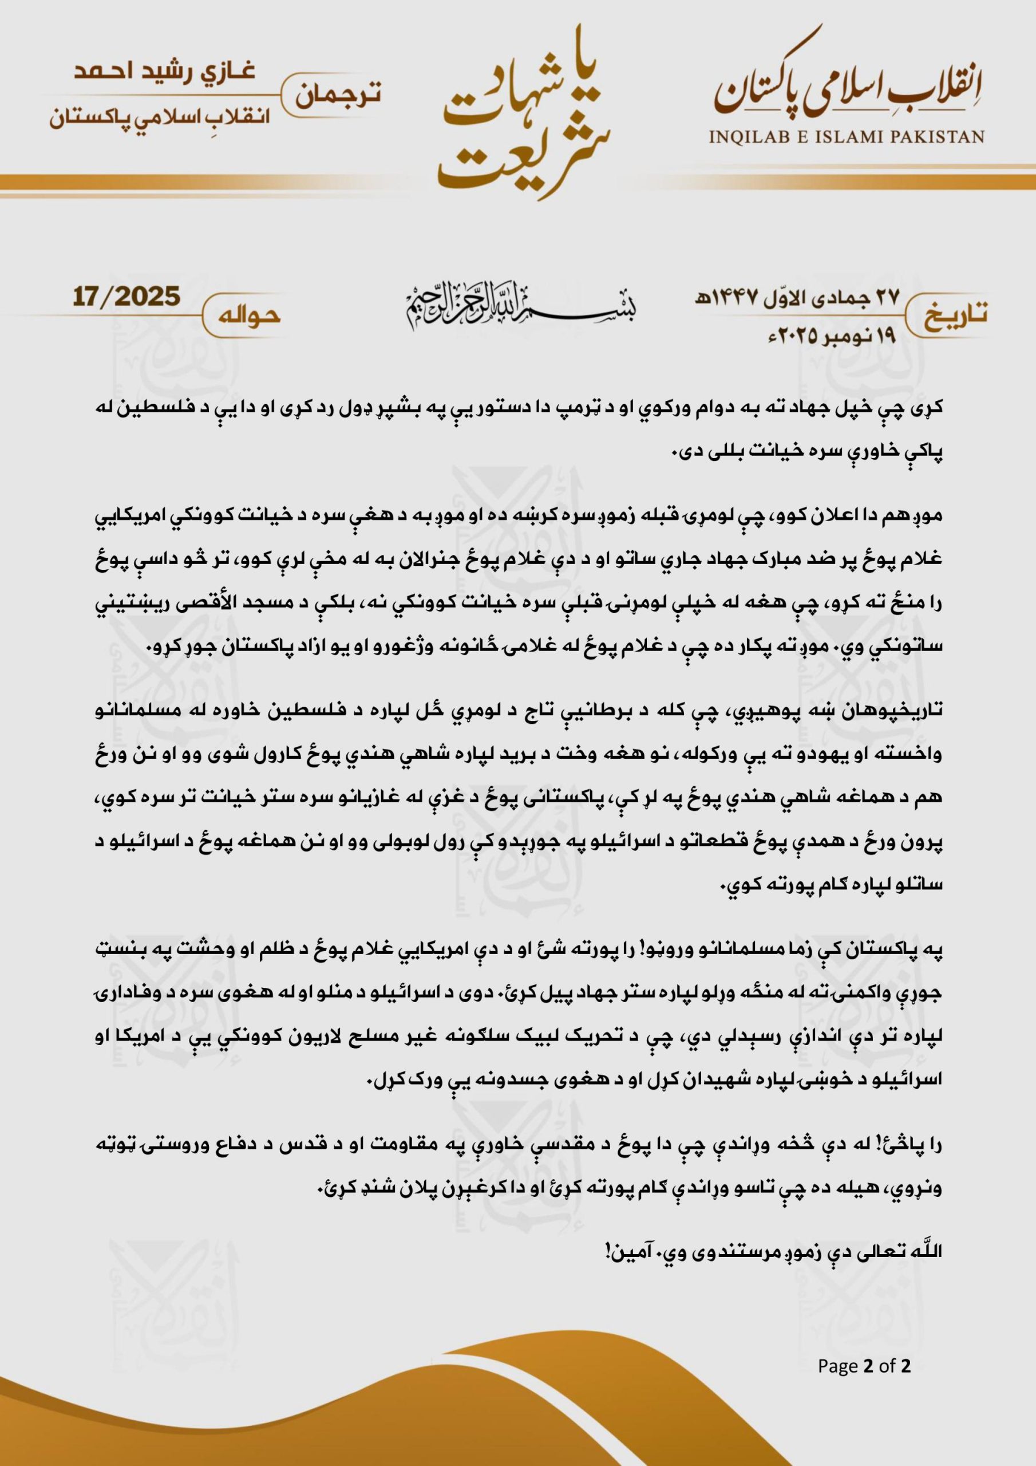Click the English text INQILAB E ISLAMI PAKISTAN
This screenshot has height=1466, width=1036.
click(847, 137)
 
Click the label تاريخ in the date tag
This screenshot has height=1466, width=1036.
click(952, 313)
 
